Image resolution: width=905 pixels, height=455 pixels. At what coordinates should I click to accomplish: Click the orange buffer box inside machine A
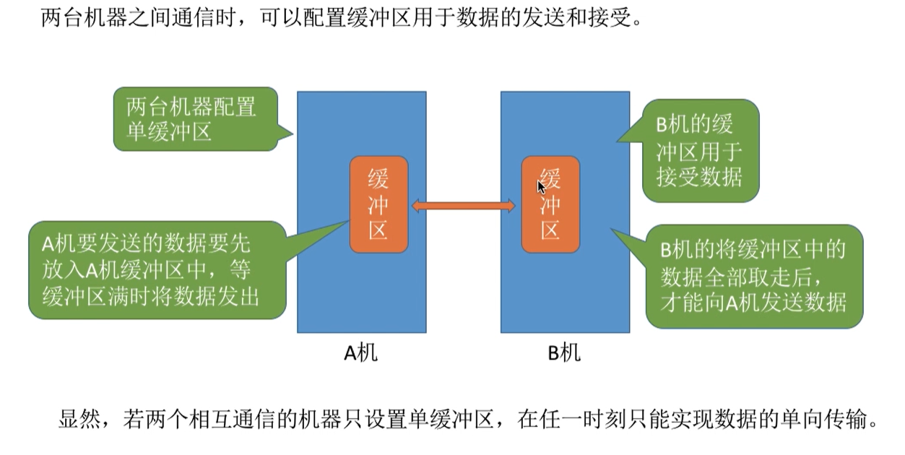pos(378,204)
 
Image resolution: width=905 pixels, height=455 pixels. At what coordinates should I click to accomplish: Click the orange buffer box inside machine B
pos(550,204)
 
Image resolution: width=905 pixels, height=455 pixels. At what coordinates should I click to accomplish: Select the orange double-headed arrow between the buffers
pos(464,207)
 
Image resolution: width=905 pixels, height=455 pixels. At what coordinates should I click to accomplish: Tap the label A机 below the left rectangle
pos(360,352)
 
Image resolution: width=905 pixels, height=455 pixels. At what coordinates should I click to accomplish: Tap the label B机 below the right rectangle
pos(564,352)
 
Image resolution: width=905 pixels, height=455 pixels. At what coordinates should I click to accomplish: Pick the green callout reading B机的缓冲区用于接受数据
pos(699,150)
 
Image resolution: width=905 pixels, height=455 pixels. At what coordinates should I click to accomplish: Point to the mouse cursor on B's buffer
pos(540,186)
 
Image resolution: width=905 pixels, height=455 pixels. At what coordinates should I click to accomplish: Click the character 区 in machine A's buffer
pos(378,230)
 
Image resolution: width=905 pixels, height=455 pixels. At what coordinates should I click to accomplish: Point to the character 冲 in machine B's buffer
pos(550,204)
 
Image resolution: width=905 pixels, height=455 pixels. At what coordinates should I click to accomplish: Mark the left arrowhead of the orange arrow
pos(417,207)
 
